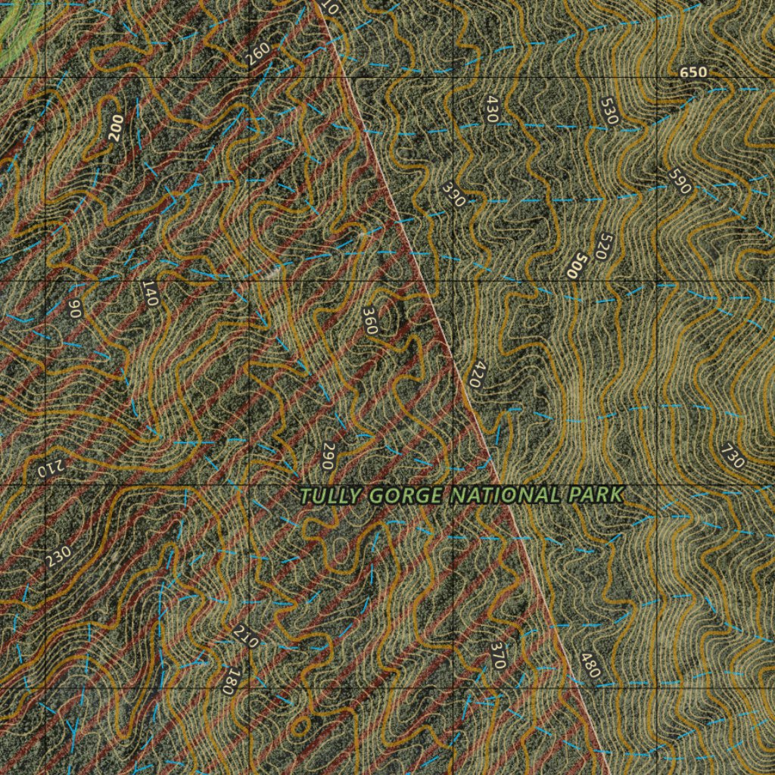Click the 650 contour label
[x=693, y=73]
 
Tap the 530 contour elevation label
[x=608, y=110]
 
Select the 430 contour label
[x=493, y=110]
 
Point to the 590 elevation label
[x=680, y=181]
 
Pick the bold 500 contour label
[x=577, y=266]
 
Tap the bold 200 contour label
[x=115, y=129]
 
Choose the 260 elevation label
[x=258, y=54]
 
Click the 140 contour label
[x=149, y=293]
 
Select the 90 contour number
[x=74, y=308]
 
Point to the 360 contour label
[x=369, y=321]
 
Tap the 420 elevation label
[x=475, y=375]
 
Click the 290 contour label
[x=328, y=456]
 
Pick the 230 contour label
[x=58, y=556]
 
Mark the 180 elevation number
[x=229, y=681]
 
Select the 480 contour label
[x=590, y=665]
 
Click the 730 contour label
[x=732, y=456]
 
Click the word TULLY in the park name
[x=331, y=496]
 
